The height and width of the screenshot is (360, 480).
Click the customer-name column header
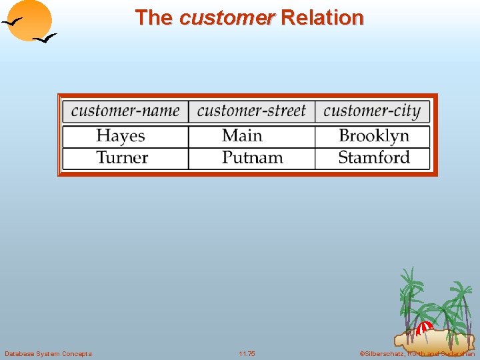[x=125, y=111]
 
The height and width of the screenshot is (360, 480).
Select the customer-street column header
[x=251, y=111]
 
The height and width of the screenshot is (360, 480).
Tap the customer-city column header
[x=372, y=111]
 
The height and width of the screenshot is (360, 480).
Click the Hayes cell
[x=120, y=136]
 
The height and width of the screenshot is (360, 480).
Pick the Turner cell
[x=121, y=158]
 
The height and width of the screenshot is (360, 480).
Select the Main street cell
[x=242, y=136]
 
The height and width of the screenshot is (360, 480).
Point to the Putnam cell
[x=252, y=158]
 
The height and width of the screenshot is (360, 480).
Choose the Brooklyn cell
[x=373, y=136]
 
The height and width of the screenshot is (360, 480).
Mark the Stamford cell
[x=373, y=158]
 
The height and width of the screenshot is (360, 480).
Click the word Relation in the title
[x=322, y=17]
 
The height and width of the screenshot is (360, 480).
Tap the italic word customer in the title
[x=227, y=17]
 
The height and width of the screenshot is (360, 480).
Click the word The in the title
[x=153, y=17]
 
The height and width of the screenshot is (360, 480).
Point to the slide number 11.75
[x=247, y=353]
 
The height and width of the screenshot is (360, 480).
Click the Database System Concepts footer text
[x=48, y=353]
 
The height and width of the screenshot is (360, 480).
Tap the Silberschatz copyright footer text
[x=417, y=353]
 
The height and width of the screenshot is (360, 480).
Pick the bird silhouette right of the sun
[x=45, y=39]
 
